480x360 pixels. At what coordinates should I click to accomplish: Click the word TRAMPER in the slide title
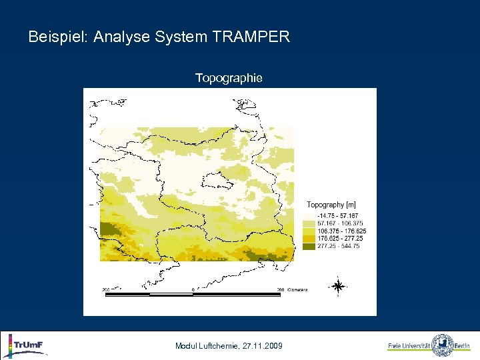[x=251, y=37]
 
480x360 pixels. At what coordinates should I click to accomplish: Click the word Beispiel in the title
[x=55, y=37]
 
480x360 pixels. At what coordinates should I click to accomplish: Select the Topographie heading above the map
[x=229, y=79]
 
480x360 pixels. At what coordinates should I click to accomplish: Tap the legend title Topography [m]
[x=331, y=205]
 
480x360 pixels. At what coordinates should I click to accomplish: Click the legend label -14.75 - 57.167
[x=338, y=216]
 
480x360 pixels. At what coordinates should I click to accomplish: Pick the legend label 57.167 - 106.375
[x=340, y=223]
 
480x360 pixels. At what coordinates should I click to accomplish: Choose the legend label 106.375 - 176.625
[x=341, y=231]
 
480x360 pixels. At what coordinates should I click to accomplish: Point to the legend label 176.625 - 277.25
[x=340, y=238]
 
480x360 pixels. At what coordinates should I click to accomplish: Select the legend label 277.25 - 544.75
[x=339, y=245]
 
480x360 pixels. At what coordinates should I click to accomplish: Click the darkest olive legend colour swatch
[x=309, y=245]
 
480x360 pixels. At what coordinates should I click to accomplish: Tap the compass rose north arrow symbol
[x=338, y=287]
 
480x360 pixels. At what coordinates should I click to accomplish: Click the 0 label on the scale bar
[x=193, y=289]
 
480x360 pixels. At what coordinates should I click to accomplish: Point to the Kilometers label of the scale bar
[x=297, y=289]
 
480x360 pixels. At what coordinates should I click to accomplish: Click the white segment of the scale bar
[x=171, y=294]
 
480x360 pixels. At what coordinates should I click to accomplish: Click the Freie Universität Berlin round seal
[x=442, y=345]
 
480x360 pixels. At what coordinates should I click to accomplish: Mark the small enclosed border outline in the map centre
[x=217, y=180]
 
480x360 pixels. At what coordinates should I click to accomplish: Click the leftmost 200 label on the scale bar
[x=105, y=289]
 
